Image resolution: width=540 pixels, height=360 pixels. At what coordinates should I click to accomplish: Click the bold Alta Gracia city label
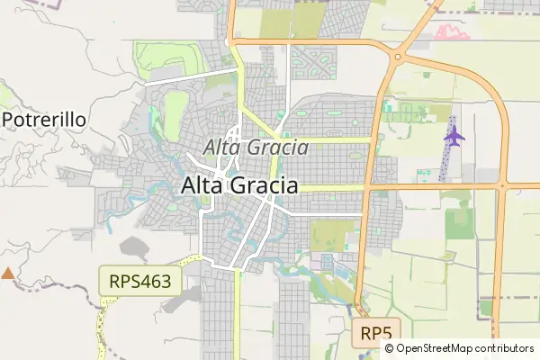point(239,185)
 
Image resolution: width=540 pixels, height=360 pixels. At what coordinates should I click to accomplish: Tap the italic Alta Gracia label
point(251,147)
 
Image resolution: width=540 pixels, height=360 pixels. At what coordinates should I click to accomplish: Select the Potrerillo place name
point(44,119)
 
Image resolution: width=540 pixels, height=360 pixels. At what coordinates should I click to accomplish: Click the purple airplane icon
point(454,137)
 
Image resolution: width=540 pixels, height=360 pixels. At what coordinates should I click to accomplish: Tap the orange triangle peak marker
point(8,273)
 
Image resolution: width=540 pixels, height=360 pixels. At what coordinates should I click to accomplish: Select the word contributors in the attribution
point(505,348)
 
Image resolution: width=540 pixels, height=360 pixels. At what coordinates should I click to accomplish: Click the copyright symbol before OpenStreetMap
point(389,348)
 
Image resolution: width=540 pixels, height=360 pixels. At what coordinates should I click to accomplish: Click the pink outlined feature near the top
point(453,33)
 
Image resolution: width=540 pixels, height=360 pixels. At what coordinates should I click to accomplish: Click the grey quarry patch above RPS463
point(136,247)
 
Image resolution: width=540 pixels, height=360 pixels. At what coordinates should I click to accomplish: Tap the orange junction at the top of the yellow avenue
point(231,40)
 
